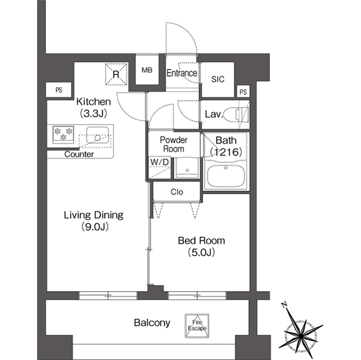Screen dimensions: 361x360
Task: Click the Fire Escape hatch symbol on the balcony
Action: click(197, 326)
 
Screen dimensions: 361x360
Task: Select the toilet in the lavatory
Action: click(236, 114)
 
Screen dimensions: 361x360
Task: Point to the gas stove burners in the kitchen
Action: click(63, 134)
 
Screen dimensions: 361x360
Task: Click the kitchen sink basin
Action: click(98, 135)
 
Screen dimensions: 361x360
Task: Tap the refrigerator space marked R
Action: click(116, 74)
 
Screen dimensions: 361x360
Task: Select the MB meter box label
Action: click(147, 70)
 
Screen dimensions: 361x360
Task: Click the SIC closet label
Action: click(218, 79)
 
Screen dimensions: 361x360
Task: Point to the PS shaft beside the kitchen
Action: click(59, 90)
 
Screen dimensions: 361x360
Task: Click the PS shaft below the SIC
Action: click(243, 92)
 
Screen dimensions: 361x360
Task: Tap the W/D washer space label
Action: click(160, 162)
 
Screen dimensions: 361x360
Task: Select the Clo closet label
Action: click(177, 192)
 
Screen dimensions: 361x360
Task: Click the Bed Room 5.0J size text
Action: click(201, 252)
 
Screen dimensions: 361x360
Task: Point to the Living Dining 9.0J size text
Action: click(95, 226)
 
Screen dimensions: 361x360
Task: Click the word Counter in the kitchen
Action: click(79, 154)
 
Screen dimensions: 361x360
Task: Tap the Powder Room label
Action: click(174, 144)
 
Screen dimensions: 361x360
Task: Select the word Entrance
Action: click(182, 73)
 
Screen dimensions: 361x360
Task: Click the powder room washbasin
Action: click(187, 168)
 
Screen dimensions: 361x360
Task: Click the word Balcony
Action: click(152, 323)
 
